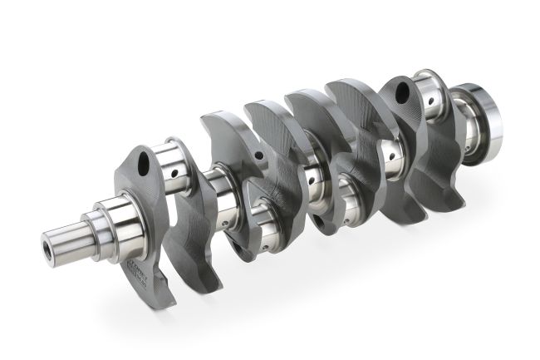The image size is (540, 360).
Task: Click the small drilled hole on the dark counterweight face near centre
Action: [260, 155]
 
